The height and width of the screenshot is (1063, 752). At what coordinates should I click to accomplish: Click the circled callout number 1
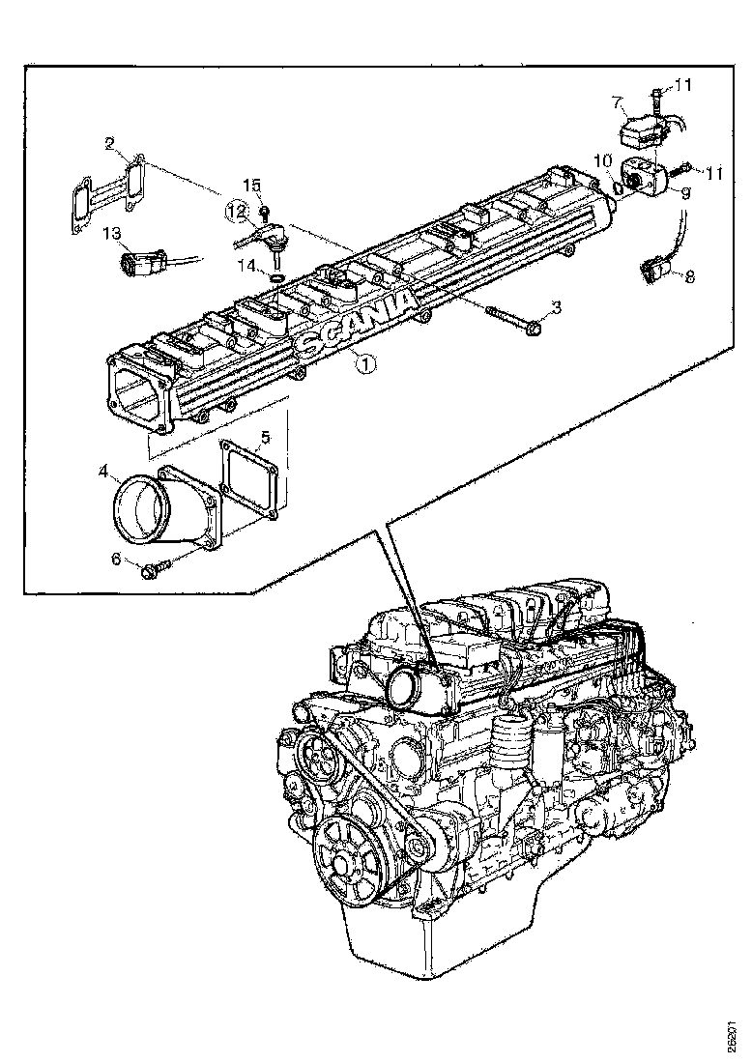(364, 363)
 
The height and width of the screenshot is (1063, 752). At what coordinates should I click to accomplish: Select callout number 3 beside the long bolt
(556, 308)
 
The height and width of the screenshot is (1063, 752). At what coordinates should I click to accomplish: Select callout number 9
(684, 193)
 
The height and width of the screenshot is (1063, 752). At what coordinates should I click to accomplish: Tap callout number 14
(247, 263)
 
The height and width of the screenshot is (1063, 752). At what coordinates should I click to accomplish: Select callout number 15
(251, 185)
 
